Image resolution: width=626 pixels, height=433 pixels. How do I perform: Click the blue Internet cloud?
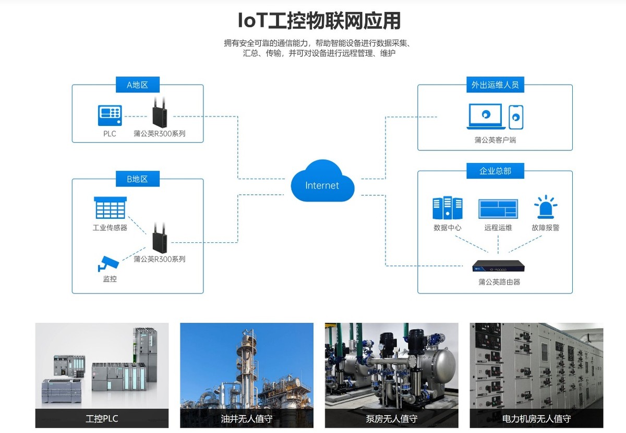click(x=322, y=182)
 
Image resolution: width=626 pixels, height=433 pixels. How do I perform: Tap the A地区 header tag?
click(x=137, y=85)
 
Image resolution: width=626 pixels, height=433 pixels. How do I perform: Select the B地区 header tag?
click(x=137, y=179)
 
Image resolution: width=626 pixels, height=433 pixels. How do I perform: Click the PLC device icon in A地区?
click(x=110, y=115)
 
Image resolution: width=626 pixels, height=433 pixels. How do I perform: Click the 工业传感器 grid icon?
click(x=110, y=208)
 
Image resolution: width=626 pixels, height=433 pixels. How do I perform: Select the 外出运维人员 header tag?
click(x=495, y=85)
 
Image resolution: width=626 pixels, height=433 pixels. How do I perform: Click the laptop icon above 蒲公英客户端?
click(x=486, y=116)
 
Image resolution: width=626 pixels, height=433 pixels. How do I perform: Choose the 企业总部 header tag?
click(x=495, y=171)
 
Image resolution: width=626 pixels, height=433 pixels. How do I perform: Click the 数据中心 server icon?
click(x=447, y=208)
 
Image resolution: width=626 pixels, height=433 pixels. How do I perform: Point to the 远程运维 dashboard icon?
click(x=498, y=209)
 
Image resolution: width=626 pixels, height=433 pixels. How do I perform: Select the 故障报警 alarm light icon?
click(x=545, y=208)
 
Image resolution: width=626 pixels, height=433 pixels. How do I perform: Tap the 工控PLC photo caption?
click(x=102, y=418)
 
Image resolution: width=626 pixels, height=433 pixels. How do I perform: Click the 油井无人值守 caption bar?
click(x=247, y=418)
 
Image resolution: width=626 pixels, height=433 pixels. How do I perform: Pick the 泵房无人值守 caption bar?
click(x=391, y=418)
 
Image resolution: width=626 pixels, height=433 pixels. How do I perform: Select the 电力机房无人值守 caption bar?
click(x=536, y=418)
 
